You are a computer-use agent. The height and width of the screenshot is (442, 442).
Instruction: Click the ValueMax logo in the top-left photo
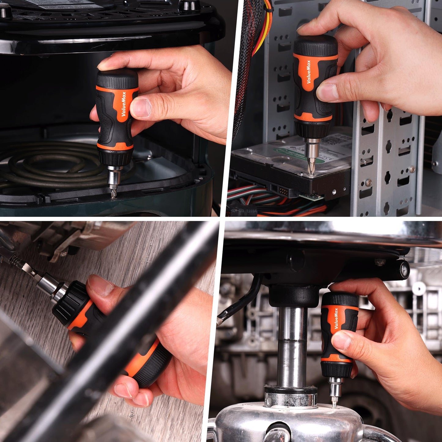(x=123, y=104)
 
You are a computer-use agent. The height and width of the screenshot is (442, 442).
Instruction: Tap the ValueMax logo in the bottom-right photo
(x=336, y=318)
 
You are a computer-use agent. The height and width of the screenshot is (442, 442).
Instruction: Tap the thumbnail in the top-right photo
(x=327, y=92)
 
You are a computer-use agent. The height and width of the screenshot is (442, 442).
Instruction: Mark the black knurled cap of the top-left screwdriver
(x=117, y=78)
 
